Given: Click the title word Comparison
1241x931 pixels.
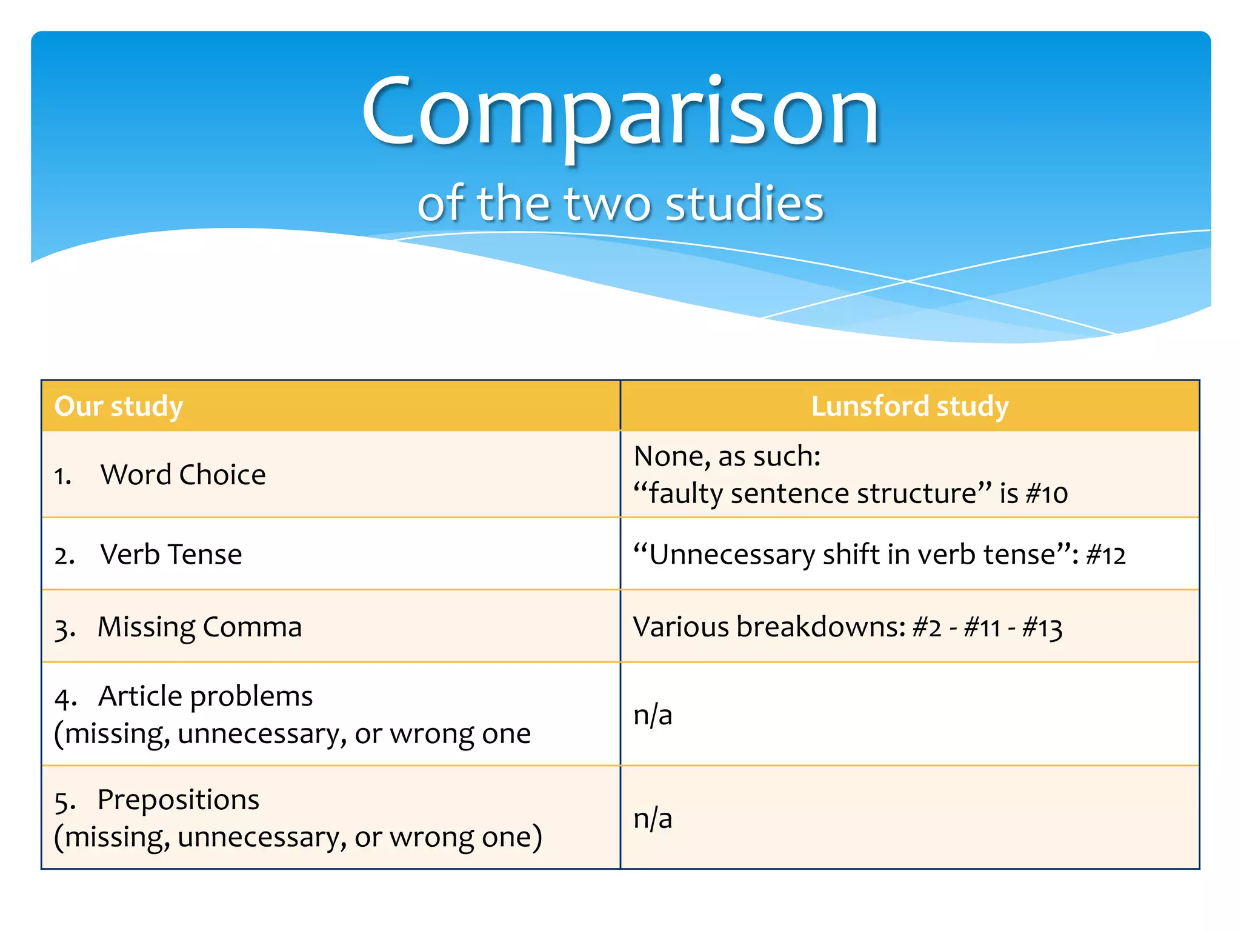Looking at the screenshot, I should [620, 112].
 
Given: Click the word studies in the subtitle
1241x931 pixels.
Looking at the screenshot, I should [745, 204].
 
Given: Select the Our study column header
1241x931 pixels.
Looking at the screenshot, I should [119, 406].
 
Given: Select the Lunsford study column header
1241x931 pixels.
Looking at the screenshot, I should [910, 406].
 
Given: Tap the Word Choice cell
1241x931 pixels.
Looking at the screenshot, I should [183, 475].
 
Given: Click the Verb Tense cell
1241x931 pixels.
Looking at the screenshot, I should [171, 555].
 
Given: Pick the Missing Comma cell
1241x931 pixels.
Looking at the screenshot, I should [199, 627].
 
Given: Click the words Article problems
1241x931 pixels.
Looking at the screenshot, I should [205, 696].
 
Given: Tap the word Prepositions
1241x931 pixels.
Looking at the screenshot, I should [178, 800].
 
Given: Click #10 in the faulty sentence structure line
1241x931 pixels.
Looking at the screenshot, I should [1047, 494].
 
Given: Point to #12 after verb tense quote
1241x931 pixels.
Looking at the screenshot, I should [1106, 555].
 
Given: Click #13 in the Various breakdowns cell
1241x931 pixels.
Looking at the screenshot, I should [1042, 627].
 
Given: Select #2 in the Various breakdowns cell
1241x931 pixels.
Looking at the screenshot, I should [927, 627].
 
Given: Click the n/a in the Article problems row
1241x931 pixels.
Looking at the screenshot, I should [653, 715].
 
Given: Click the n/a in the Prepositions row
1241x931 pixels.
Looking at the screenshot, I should [653, 819].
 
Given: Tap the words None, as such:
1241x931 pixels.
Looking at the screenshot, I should [727, 456].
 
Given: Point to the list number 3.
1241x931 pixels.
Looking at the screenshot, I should [62, 629].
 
